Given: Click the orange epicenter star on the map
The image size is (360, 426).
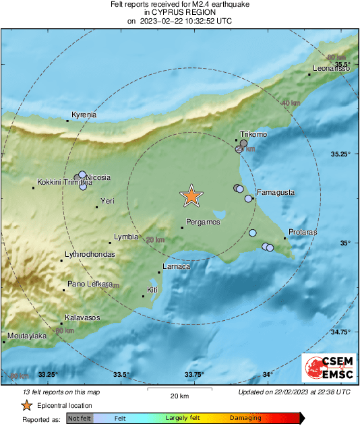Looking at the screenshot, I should (x=191, y=195).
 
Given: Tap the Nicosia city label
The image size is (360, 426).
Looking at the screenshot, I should (x=98, y=178).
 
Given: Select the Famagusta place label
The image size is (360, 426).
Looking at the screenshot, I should (x=276, y=192).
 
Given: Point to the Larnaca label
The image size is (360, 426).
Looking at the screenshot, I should (x=177, y=267).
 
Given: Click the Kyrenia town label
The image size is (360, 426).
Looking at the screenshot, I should (x=84, y=115).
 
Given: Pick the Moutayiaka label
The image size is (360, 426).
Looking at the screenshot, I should (x=27, y=335).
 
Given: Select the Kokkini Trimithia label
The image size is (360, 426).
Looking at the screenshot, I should (x=64, y=182).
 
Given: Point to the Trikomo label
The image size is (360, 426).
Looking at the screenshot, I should (x=254, y=135).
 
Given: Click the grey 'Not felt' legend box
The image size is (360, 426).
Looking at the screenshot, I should (x=80, y=419).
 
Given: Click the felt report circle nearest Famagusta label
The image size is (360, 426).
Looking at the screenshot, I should (x=249, y=198).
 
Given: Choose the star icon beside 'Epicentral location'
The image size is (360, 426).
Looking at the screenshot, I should (x=26, y=405).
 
